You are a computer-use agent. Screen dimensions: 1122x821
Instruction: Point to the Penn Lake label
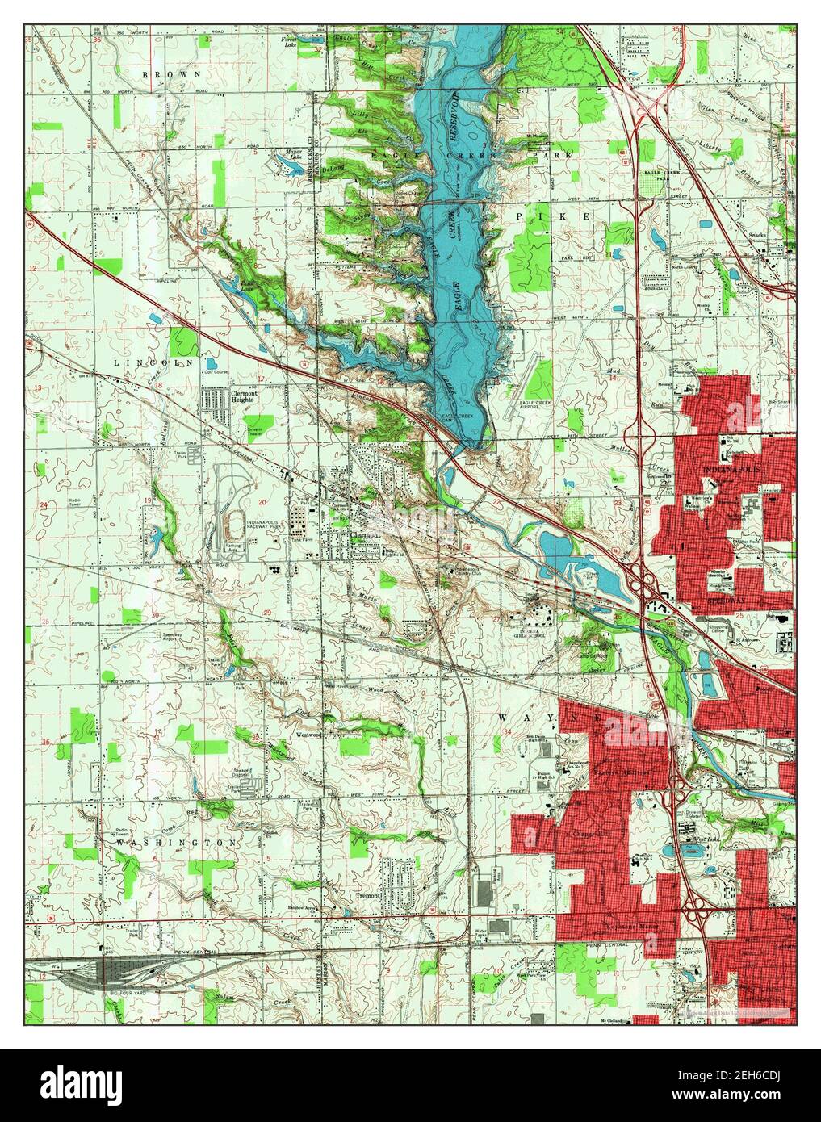(249, 284)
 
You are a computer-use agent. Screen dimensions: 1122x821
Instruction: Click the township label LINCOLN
(150, 363)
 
